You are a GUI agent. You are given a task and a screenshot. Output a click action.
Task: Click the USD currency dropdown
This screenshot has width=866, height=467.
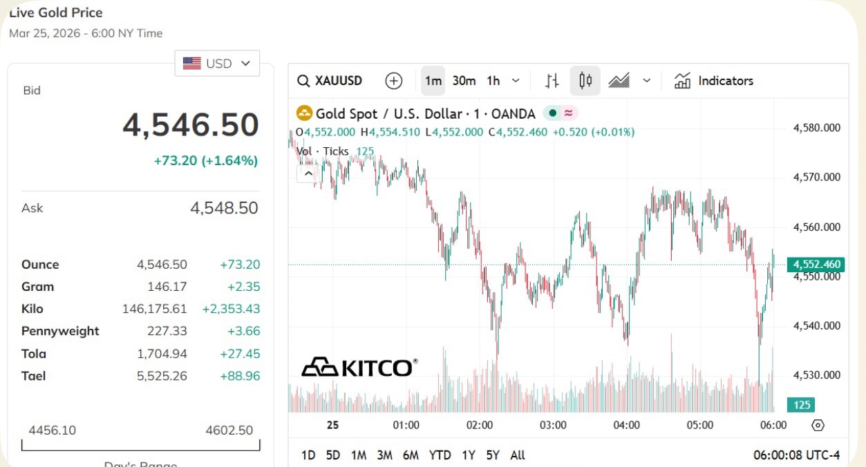click(x=217, y=64)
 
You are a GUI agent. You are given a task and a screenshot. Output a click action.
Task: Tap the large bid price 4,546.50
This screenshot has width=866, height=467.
click(x=191, y=125)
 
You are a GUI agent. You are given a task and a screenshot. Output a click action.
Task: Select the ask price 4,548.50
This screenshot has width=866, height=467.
click(x=224, y=208)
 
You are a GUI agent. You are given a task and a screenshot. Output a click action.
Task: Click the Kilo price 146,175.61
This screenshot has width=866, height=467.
click(x=155, y=309)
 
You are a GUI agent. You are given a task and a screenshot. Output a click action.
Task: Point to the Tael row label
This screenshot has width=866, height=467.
click(x=34, y=376)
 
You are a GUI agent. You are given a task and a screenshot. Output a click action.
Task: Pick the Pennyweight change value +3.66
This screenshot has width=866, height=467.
click(x=243, y=331)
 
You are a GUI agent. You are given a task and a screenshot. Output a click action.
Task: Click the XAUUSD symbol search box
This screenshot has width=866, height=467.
click(x=330, y=81)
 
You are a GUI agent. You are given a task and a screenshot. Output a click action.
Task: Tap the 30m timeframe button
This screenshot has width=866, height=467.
click(x=464, y=81)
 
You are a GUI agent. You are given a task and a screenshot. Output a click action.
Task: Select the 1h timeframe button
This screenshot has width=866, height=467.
click(x=493, y=81)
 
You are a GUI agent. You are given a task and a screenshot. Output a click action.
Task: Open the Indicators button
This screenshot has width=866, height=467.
click(x=714, y=81)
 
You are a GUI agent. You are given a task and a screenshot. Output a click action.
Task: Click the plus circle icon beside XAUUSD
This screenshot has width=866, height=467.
click(x=394, y=81)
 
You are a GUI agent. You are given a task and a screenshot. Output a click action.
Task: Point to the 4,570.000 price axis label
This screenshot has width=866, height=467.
click(x=817, y=178)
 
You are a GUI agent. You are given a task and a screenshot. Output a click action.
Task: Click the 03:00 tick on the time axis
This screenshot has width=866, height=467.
click(x=553, y=425)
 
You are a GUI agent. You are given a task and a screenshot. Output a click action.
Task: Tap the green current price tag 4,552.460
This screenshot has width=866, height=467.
click(x=817, y=265)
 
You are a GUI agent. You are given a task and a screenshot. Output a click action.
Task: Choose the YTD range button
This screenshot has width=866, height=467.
click(x=440, y=455)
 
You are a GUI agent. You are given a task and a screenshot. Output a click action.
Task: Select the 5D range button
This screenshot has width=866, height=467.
click(x=333, y=455)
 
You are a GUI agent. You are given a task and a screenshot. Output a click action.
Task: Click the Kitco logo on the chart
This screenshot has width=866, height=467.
click(x=359, y=367)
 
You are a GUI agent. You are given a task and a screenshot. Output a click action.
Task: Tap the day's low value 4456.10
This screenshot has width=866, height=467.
click(x=53, y=430)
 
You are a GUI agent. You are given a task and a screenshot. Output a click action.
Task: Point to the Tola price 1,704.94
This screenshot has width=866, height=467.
click(x=162, y=354)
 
